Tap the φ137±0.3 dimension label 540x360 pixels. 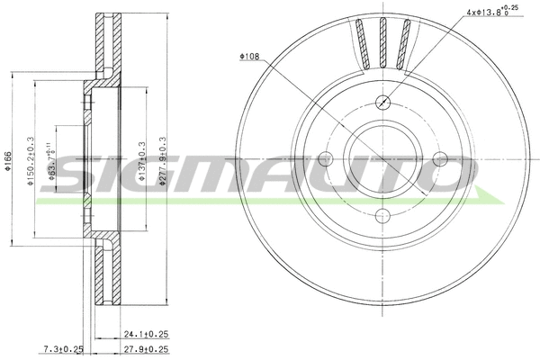[140, 163]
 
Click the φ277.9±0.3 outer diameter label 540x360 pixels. [163, 162]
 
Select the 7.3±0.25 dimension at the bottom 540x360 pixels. [63, 348]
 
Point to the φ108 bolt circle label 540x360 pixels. [250, 57]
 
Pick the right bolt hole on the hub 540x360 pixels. [440, 158]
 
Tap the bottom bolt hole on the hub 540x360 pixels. [383, 215]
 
